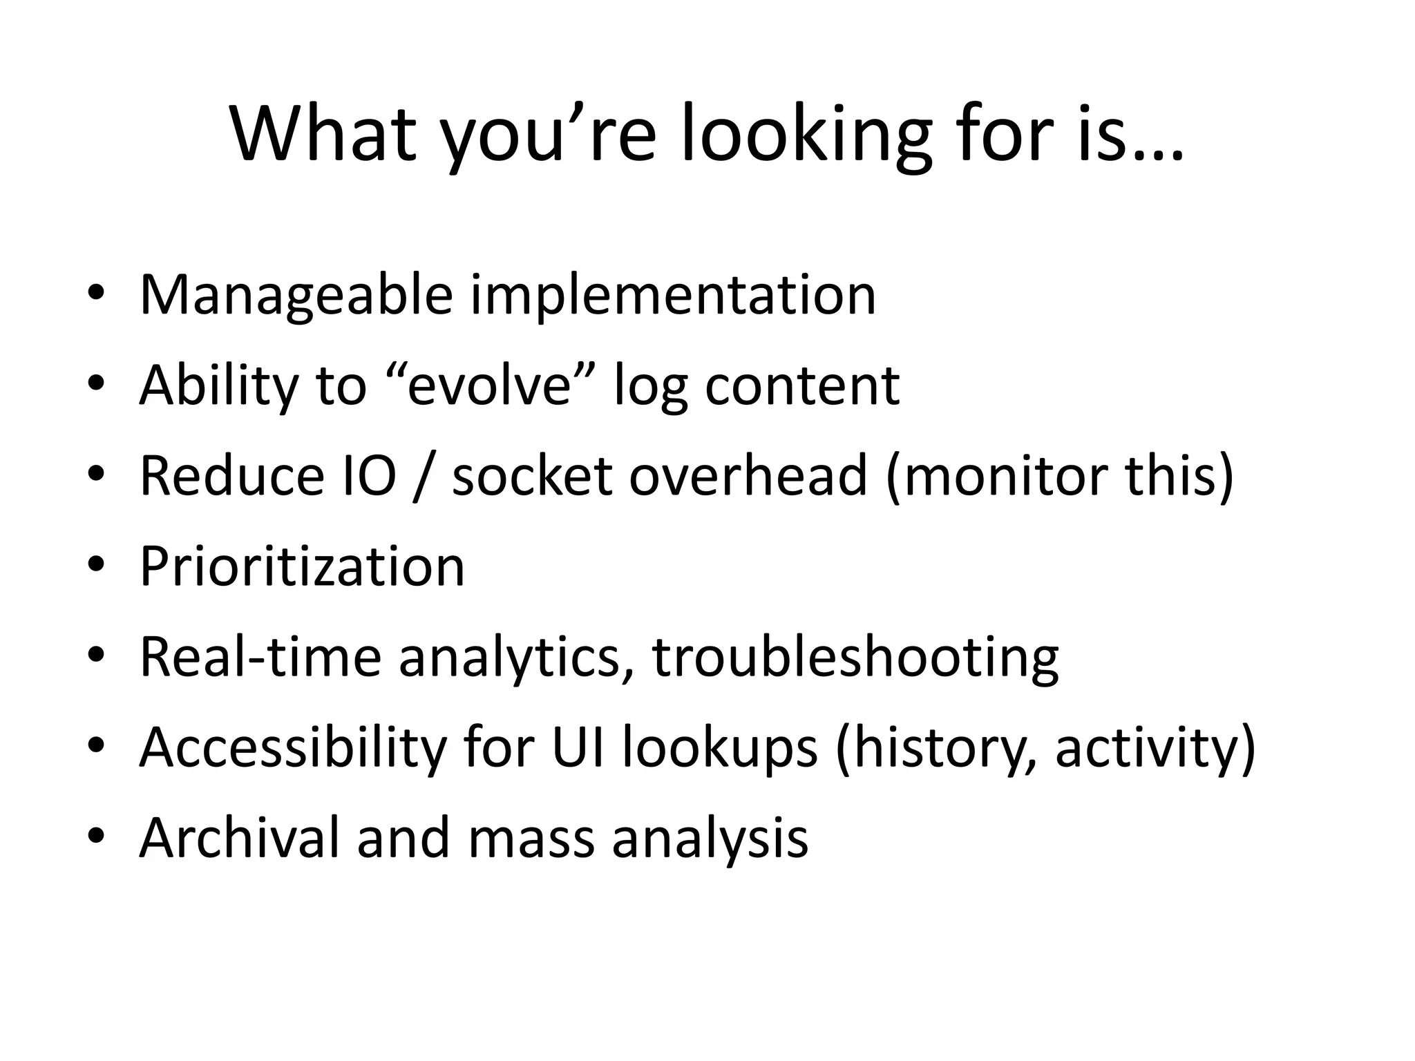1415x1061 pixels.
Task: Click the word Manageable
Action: pos(296,296)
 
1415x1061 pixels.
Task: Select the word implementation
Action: pos(673,296)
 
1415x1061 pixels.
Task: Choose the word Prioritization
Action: pos(302,566)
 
